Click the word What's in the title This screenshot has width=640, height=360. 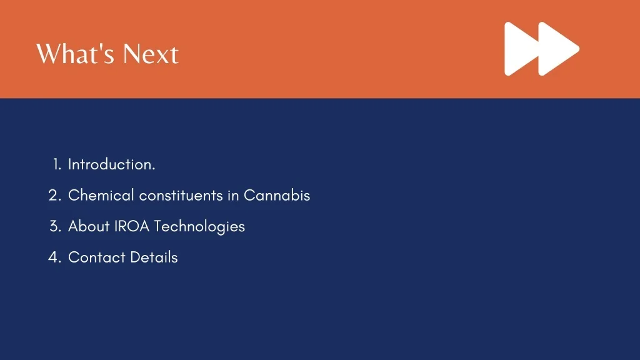pyautogui.click(x=75, y=54)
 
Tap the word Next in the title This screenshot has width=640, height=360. pyautogui.click(x=151, y=54)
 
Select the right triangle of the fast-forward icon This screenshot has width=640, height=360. pyautogui.click(x=559, y=49)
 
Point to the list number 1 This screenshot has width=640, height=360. pyautogui.click(x=57, y=164)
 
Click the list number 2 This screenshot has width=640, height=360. pyautogui.click(x=55, y=196)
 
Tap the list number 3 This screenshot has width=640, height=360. pyautogui.click(x=56, y=226)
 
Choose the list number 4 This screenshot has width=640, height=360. pyautogui.click(x=55, y=257)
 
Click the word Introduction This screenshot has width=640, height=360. pyautogui.click(x=110, y=164)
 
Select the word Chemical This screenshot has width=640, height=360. pyautogui.click(x=101, y=195)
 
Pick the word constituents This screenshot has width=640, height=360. pyautogui.click(x=181, y=196)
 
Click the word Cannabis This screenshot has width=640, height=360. pyautogui.click(x=277, y=195)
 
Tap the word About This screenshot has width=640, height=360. pyautogui.click(x=89, y=226)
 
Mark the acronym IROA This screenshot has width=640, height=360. pyautogui.click(x=132, y=226)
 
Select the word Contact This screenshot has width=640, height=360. pyautogui.click(x=96, y=257)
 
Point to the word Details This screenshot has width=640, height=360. pyautogui.click(x=154, y=257)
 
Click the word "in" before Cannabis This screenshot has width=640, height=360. pyautogui.click(x=233, y=196)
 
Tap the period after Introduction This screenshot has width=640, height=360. pyautogui.click(x=154, y=169)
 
